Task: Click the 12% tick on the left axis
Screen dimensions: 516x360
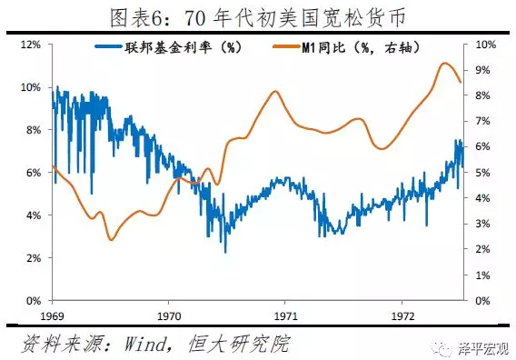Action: pos(31,45)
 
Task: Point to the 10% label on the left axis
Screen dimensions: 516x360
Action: pos(31,87)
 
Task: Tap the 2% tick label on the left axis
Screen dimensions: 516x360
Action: pos(34,258)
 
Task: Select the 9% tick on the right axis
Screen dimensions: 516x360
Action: pos(482,70)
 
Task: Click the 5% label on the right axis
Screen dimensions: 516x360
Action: pos(482,172)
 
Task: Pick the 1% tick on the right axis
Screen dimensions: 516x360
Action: pos(482,275)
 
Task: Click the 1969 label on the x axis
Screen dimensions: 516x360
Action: pos(52,316)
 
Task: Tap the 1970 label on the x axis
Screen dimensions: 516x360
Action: pos(169,316)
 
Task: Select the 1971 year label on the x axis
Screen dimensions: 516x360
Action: pos(285,316)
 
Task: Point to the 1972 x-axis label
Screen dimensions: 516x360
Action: pos(402,316)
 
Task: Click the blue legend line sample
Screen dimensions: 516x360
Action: pos(108,46)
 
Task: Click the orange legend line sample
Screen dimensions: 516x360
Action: pos(286,46)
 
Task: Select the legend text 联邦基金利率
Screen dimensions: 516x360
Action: pos(168,48)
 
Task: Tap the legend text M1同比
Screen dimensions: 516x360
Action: pos(323,48)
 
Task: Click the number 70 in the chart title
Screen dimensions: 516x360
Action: pos(195,18)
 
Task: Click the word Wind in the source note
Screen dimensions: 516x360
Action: pos(145,345)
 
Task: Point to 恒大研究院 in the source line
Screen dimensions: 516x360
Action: pos(239,344)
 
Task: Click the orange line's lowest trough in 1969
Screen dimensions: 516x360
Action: pos(111,240)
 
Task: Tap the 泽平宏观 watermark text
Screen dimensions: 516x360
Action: pos(483,349)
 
